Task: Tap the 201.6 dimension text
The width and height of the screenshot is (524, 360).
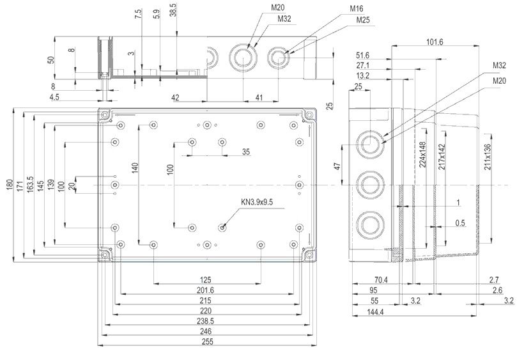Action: coord(205,291)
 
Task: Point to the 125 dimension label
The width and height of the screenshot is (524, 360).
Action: coord(205,280)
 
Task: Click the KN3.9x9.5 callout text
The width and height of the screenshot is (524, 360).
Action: coord(257,202)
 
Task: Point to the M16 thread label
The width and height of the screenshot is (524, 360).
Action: coord(357,10)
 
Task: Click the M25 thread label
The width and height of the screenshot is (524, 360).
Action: coord(362,20)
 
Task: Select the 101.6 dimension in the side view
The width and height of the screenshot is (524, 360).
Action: coord(433,42)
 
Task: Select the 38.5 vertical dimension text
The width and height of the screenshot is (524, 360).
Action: coord(173,10)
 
